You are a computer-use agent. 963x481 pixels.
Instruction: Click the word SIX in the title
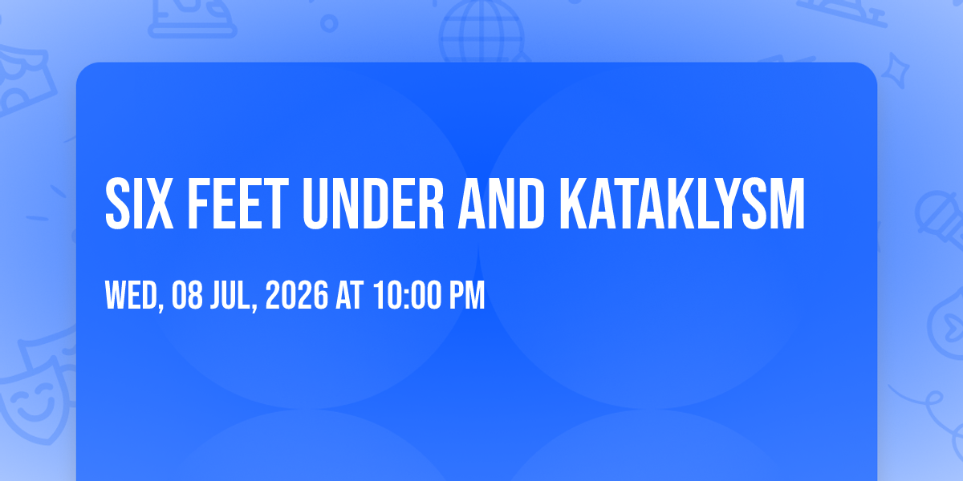tap(140, 204)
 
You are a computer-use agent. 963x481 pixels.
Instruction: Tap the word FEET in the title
tap(238, 204)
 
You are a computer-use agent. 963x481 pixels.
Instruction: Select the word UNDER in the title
tap(373, 204)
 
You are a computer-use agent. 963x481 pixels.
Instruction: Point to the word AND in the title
tap(502, 204)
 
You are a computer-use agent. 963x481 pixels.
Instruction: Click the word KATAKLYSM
tap(682, 204)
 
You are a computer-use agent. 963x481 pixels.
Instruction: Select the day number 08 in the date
tap(187, 295)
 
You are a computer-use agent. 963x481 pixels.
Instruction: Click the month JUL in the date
tap(231, 295)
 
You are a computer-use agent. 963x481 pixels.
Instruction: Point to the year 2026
tap(297, 295)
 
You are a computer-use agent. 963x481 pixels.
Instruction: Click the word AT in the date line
tap(350, 295)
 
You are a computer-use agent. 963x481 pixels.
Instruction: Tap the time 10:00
tap(408, 295)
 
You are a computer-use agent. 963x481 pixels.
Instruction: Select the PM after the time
tap(467, 295)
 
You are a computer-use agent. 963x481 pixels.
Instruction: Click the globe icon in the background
tap(482, 32)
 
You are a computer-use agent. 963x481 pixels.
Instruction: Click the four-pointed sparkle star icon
tap(896, 71)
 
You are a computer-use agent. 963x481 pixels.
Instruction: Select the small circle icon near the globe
tap(329, 23)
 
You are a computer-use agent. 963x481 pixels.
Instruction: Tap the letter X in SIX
tap(159, 204)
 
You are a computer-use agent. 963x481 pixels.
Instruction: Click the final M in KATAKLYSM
tap(786, 204)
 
